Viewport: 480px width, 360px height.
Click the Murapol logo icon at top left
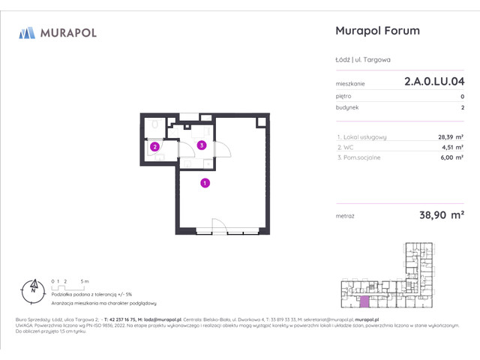(27, 32)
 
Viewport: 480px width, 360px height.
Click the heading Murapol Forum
(376, 31)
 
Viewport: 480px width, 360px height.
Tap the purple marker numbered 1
(205, 182)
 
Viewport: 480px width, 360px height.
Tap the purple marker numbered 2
(154, 147)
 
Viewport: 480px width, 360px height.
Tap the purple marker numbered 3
(201, 145)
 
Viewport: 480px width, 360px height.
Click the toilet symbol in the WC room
(154, 124)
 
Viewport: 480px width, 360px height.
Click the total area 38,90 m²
(441, 215)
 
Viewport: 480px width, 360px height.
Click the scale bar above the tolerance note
(69, 286)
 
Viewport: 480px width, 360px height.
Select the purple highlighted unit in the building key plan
(364, 301)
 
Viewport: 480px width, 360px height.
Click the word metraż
(346, 216)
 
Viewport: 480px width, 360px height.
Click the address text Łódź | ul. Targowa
(362, 60)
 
